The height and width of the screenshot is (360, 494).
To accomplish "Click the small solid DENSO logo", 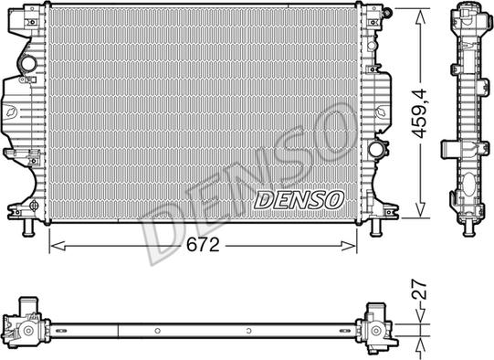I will [299, 198].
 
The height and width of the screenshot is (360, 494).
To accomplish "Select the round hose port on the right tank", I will [376, 148].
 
